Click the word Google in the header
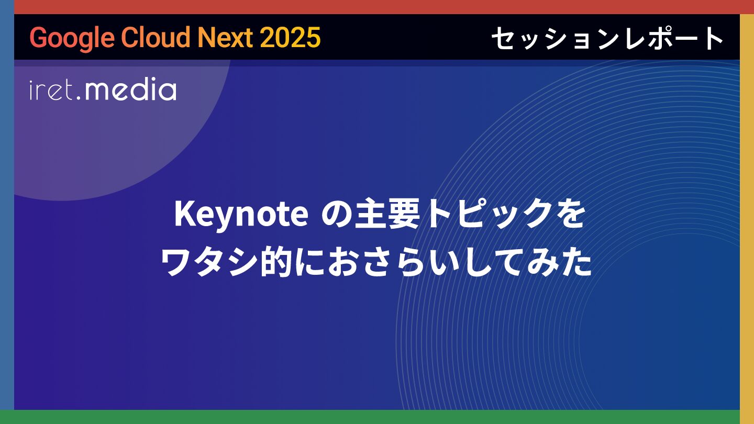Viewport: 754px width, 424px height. point(72,38)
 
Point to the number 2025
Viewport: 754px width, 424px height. point(290,37)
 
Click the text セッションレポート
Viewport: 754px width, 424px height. point(607,38)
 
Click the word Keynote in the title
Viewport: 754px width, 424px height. point(241,215)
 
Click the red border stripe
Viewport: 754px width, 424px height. point(377,7)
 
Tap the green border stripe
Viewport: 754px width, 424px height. point(377,417)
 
